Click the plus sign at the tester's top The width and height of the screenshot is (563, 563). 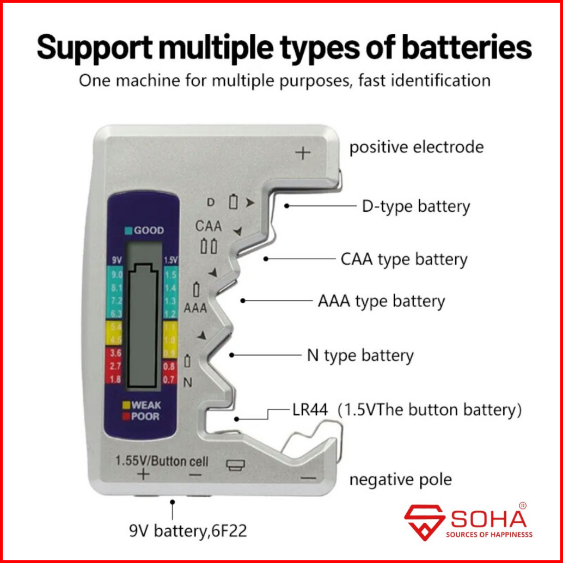click(x=303, y=153)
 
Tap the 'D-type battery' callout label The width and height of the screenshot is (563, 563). click(x=415, y=206)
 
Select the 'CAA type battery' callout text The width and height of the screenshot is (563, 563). click(x=403, y=259)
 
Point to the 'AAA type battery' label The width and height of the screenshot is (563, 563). click(x=381, y=301)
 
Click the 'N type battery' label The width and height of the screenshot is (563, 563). click(x=360, y=356)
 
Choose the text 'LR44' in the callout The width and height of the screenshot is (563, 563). click(x=310, y=410)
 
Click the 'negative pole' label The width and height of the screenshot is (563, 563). click(x=400, y=480)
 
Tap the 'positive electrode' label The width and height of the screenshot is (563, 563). click(x=416, y=147)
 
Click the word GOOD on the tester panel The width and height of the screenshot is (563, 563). click(x=148, y=230)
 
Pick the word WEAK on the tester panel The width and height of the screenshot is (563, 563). click(x=146, y=405)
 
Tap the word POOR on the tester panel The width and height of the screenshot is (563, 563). click(x=145, y=417)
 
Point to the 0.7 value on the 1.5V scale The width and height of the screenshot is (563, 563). click(x=169, y=379)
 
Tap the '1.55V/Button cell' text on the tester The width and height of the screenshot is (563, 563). click(x=162, y=461)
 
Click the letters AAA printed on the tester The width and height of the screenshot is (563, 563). click(x=195, y=308)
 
